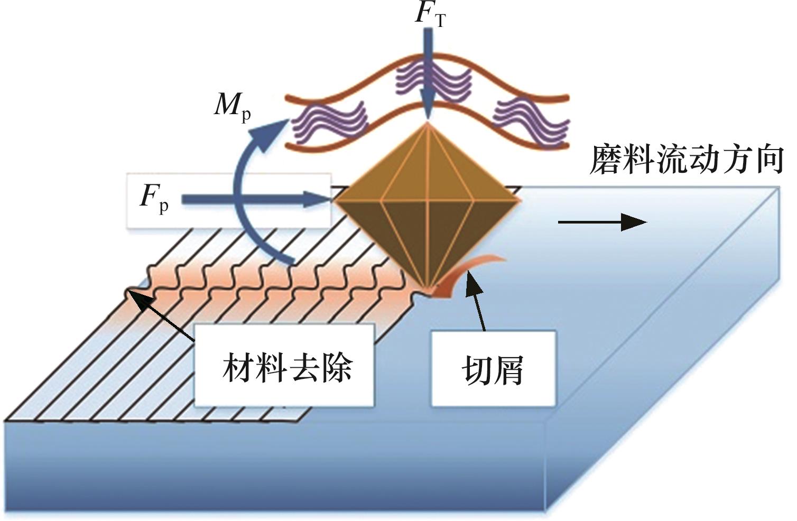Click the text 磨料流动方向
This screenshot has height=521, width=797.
(687, 160)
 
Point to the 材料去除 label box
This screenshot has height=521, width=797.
(284, 365)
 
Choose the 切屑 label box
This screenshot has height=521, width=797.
(493, 369)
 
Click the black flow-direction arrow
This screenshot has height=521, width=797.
(602, 222)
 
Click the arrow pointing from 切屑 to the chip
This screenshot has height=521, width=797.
(476, 301)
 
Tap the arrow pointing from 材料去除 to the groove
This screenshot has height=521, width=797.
(161, 315)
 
